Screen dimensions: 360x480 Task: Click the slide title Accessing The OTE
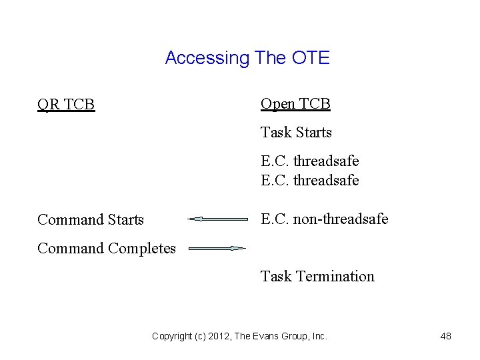(x=247, y=58)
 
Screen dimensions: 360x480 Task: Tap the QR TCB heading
(x=66, y=105)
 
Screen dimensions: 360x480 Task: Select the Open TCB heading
(x=295, y=104)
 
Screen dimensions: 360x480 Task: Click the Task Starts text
(x=296, y=133)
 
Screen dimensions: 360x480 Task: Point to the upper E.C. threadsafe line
(x=310, y=161)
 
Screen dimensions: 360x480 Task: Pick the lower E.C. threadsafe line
(x=310, y=180)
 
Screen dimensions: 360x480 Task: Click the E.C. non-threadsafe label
(x=325, y=219)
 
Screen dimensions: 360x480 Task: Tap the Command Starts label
(x=91, y=219)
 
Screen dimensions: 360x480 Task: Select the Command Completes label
(x=107, y=249)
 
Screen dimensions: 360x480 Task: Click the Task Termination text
(x=317, y=277)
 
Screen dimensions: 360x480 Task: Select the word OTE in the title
(x=311, y=58)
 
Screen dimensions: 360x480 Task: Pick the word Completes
(x=142, y=249)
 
